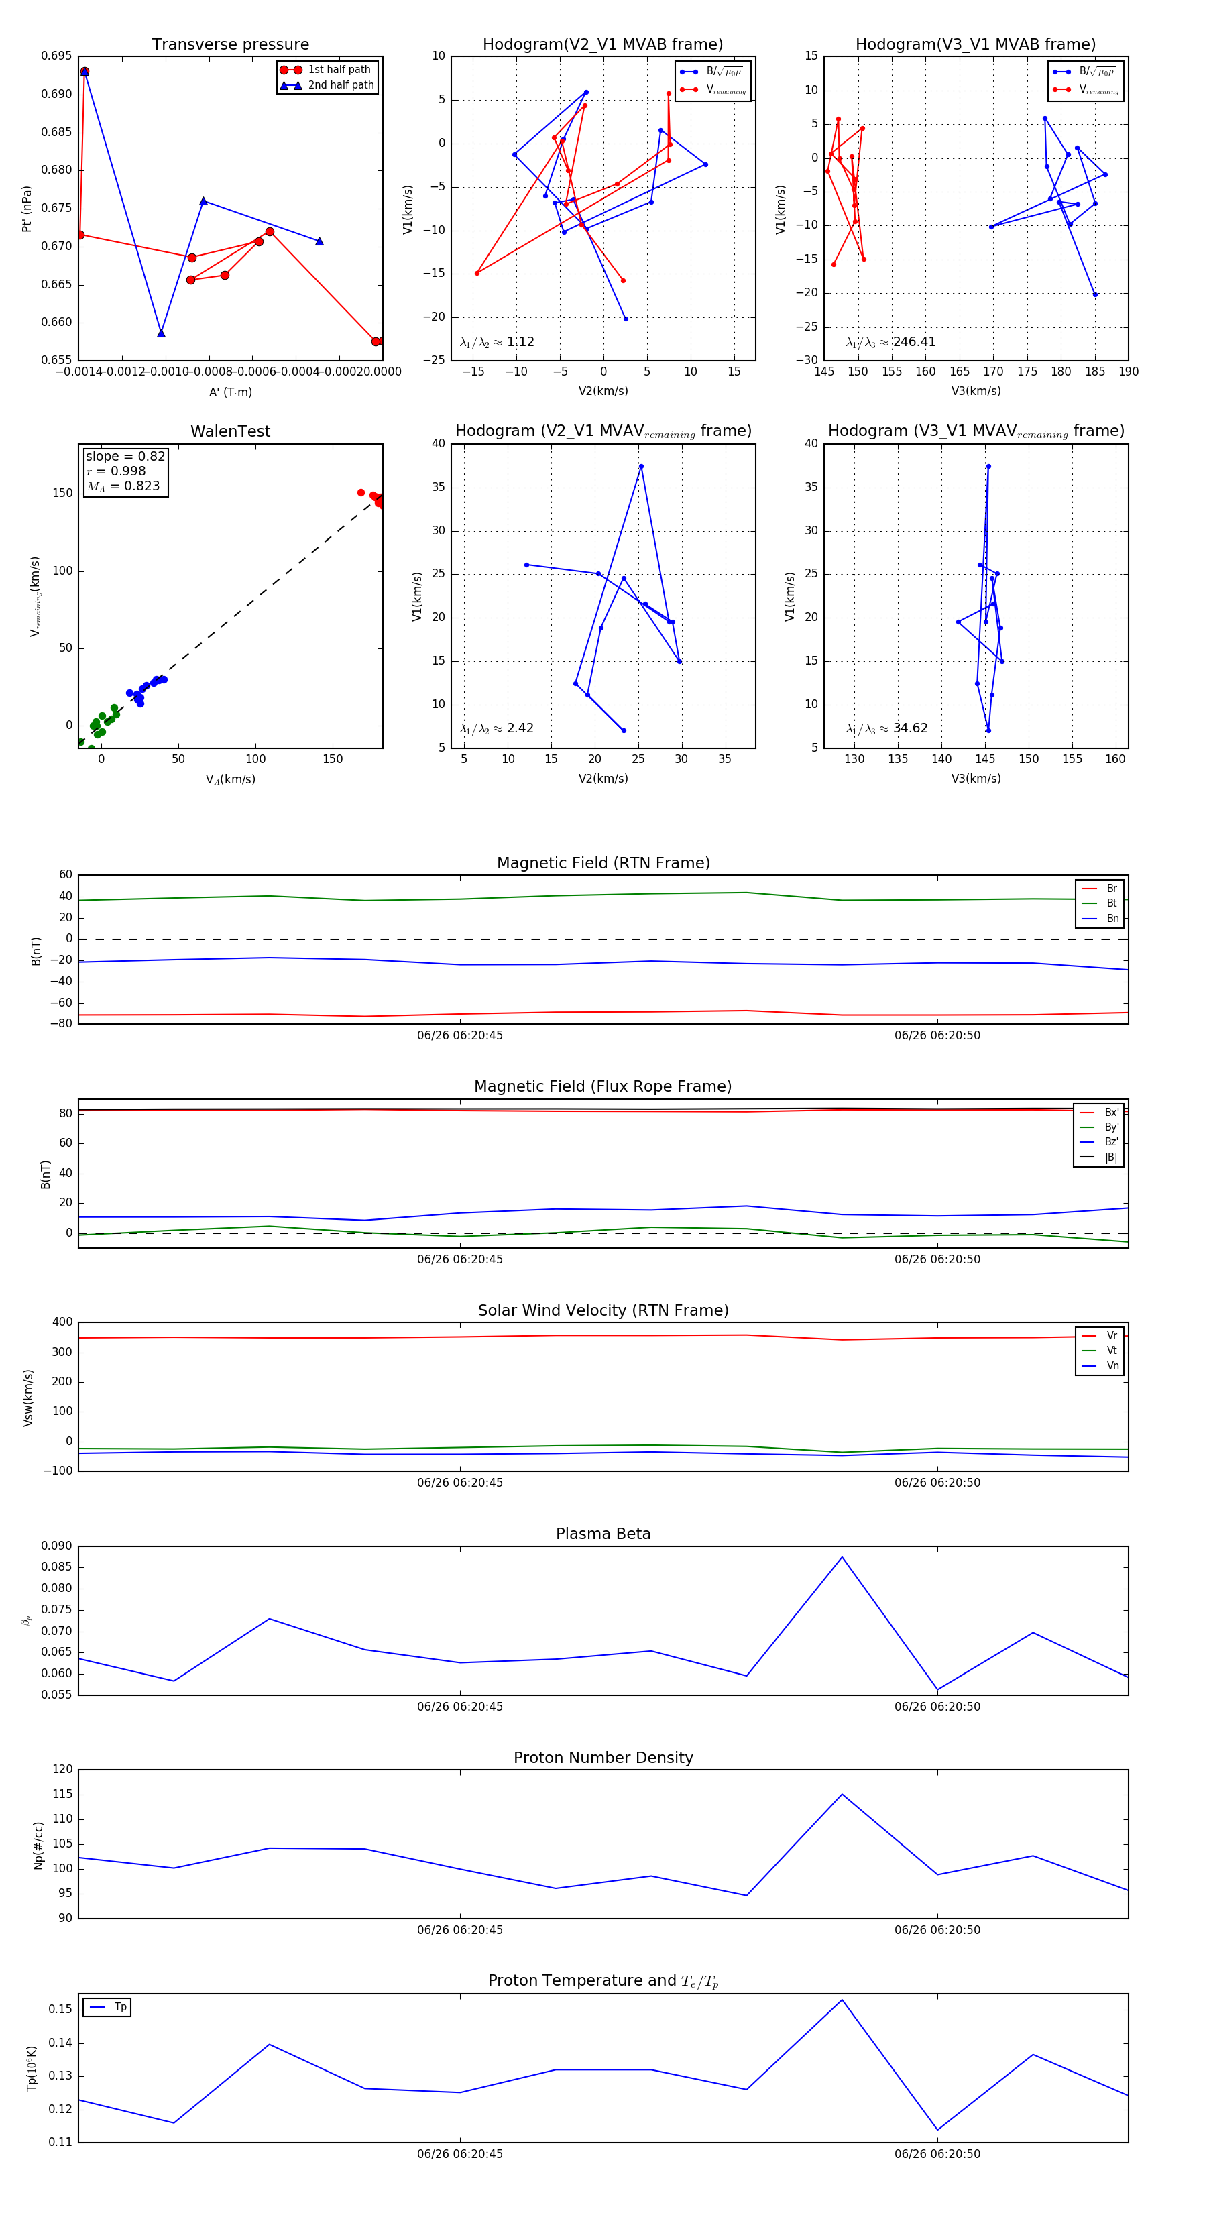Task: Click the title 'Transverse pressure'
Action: coord(230,45)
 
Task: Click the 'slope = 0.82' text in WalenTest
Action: coord(125,456)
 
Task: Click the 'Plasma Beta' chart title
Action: coord(603,1534)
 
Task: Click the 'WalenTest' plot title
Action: coord(230,431)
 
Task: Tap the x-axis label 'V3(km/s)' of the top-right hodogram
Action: coord(976,391)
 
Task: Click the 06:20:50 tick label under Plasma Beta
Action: coord(937,1706)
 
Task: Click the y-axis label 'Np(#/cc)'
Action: coord(38,1846)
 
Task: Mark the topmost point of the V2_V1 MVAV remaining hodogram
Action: coord(641,467)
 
